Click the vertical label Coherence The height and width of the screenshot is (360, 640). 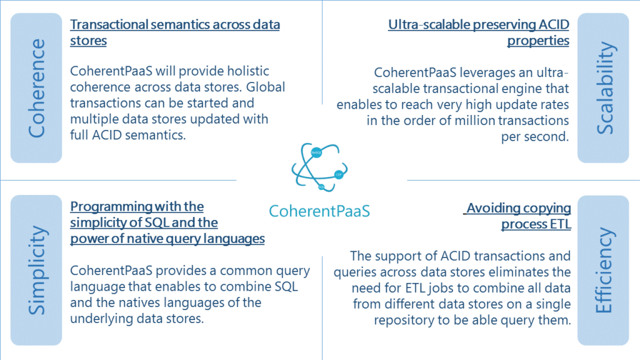point(36,88)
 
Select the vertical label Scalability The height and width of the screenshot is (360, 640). point(605,87)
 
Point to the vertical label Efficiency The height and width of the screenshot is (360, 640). point(604,270)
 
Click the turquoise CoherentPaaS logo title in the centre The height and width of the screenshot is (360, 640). point(319,211)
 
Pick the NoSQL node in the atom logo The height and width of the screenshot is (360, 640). point(316,152)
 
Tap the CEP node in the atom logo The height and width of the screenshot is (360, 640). point(338,175)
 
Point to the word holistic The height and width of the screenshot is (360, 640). point(248,71)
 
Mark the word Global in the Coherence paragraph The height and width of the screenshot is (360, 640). point(266,87)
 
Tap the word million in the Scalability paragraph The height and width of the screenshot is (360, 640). point(475,121)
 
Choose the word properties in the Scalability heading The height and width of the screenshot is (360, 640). point(538,41)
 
